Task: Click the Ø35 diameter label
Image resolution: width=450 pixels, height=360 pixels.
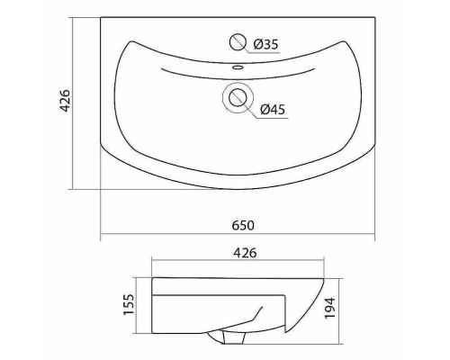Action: click(265, 44)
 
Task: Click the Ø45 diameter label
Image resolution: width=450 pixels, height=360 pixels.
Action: click(273, 110)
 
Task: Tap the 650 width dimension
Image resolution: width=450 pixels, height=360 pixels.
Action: click(243, 225)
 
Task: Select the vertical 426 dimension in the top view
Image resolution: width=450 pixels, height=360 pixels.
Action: click(66, 101)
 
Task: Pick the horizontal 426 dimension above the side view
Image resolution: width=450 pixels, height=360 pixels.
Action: click(245, 253)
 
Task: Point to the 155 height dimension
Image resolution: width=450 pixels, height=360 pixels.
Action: click(130, 304)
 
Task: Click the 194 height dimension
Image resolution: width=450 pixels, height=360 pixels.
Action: click(330, 308)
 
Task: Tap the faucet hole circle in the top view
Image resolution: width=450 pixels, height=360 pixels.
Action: click(238, 42)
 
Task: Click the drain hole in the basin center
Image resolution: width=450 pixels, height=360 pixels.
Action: click(238, 97)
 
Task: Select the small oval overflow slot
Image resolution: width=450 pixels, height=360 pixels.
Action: click(238, 67)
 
